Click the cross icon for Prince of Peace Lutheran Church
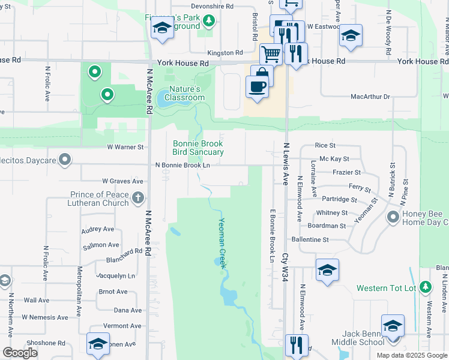(138, 197)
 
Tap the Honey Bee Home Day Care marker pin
(394, 217)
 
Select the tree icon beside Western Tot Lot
(426, 287)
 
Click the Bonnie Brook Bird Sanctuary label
(198, 148)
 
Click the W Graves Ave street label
(122, 181)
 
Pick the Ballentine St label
(310, 239)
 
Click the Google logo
(20, 353)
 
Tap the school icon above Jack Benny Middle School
(393, 326)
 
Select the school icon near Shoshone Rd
(98, 344)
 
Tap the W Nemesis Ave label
(46, 317)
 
